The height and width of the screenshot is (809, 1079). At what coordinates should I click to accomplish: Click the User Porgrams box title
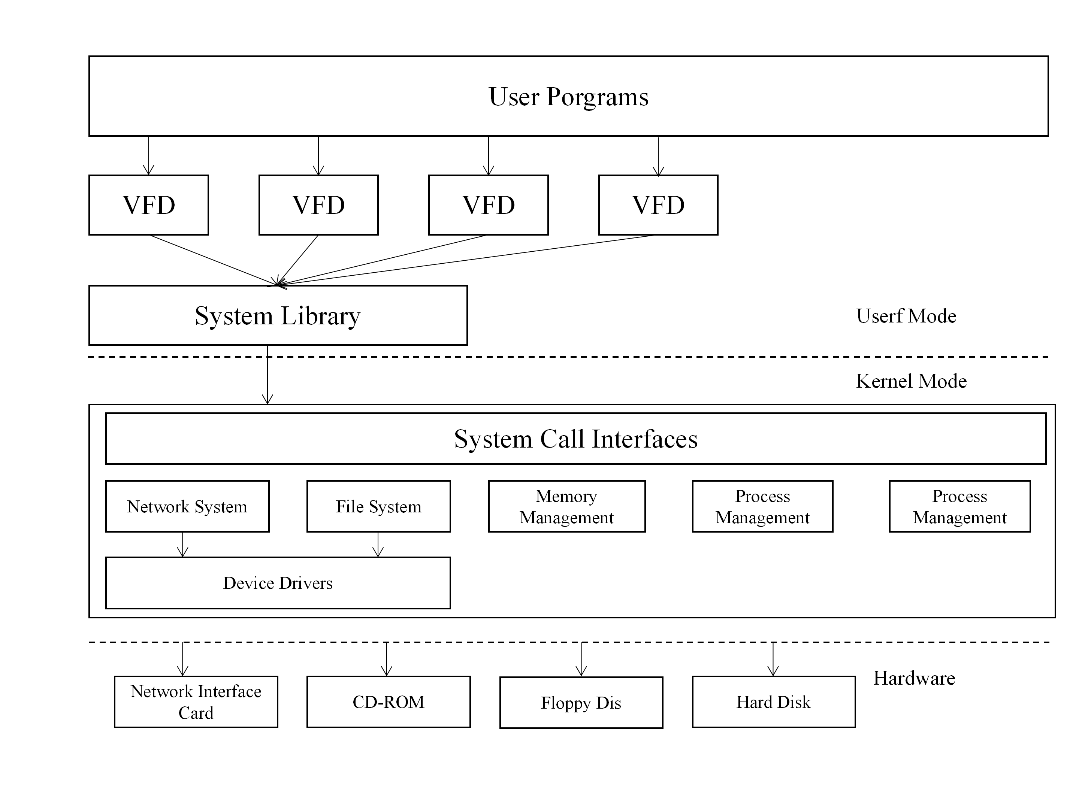568,97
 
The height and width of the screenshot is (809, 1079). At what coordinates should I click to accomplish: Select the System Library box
278,315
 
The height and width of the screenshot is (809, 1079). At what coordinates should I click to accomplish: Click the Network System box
187,506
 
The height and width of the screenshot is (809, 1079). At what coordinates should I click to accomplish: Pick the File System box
378,506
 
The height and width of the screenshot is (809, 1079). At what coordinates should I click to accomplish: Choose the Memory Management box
566,506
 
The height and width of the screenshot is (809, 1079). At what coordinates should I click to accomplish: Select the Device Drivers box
278,583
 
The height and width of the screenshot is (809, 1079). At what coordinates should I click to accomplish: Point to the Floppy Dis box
581,703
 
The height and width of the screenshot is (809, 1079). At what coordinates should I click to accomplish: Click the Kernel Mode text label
911,381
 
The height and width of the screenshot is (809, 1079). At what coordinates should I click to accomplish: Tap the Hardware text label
914,678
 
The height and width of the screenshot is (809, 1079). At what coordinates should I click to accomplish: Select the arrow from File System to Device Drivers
378,544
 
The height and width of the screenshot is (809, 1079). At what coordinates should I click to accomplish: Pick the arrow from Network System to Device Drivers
182,544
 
